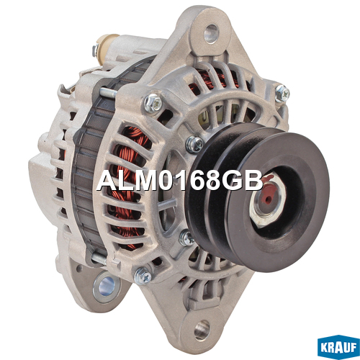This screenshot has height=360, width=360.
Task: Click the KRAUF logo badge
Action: coord(338,347)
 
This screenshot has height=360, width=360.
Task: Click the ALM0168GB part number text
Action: coord(180,181)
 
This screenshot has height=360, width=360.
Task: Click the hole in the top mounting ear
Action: coord(211,33)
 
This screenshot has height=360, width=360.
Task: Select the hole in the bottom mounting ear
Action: coord(202,330)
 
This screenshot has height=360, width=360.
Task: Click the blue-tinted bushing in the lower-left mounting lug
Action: coord(106,287)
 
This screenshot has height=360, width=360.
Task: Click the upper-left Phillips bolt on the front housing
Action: coord(153,103)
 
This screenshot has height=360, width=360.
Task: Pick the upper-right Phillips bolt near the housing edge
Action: coord(282,93)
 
